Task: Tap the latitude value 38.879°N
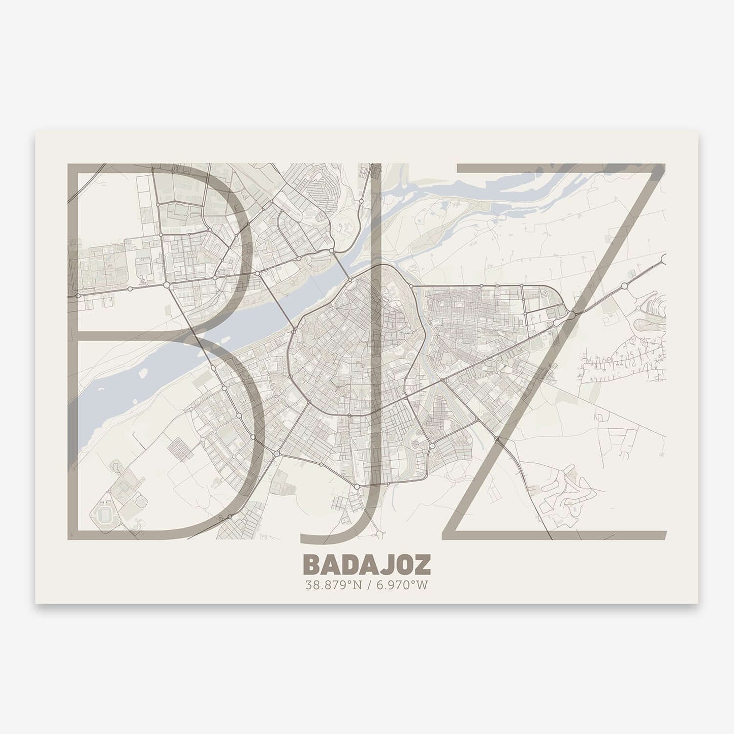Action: click(332, 585)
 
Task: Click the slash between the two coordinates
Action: click(367, 585)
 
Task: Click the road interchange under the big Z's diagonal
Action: click(571, 315)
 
